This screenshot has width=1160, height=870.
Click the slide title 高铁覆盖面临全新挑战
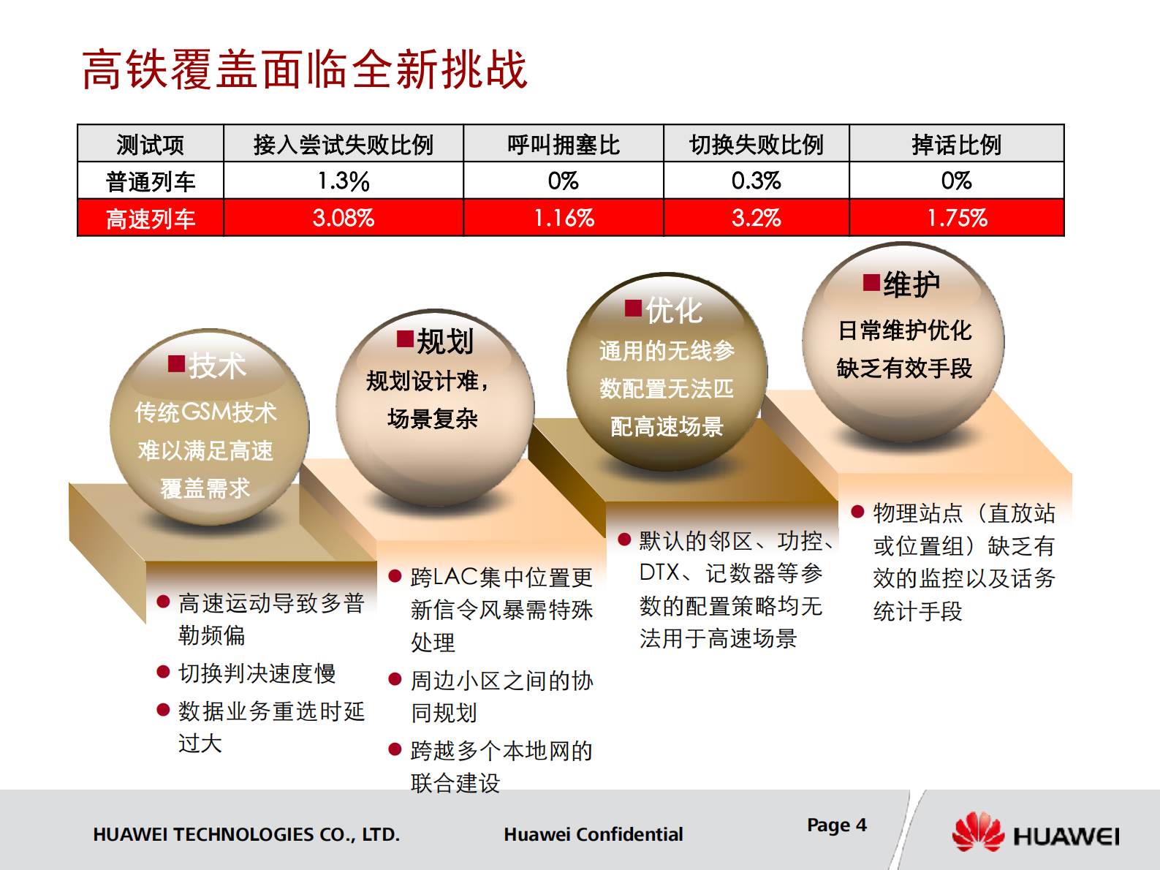(x=304, y=70)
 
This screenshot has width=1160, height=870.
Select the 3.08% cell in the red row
(x=343, y=218)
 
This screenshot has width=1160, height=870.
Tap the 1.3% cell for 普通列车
(x=343, y=181)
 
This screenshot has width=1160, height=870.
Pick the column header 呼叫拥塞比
(x=563, y=144)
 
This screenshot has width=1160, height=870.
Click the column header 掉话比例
(x=956, y=144)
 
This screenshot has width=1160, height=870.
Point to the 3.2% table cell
(x=756, y=218)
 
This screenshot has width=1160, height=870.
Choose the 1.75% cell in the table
(x=956, y=218)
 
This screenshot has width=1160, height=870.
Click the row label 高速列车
(x=151, y=219)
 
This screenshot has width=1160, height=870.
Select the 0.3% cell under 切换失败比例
(x=756, y=181)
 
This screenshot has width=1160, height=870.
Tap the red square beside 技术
(x=176, y=363)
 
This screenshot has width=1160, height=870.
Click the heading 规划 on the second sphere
(x=445, y=341)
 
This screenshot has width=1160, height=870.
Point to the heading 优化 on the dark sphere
(x=673, y=311)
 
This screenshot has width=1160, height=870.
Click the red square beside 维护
(x=871, y=282)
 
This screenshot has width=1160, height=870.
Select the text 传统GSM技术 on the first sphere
(x=205, y=412)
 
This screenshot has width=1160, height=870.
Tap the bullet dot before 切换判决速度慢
(x=164, y=672)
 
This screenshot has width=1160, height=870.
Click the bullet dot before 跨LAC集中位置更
(x=395, y=576)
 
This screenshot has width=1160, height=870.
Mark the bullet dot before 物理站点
(x=858, y=512)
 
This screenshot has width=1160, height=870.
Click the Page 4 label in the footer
(x=836, y=825)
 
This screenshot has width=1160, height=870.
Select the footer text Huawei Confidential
(x=593, y=834)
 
